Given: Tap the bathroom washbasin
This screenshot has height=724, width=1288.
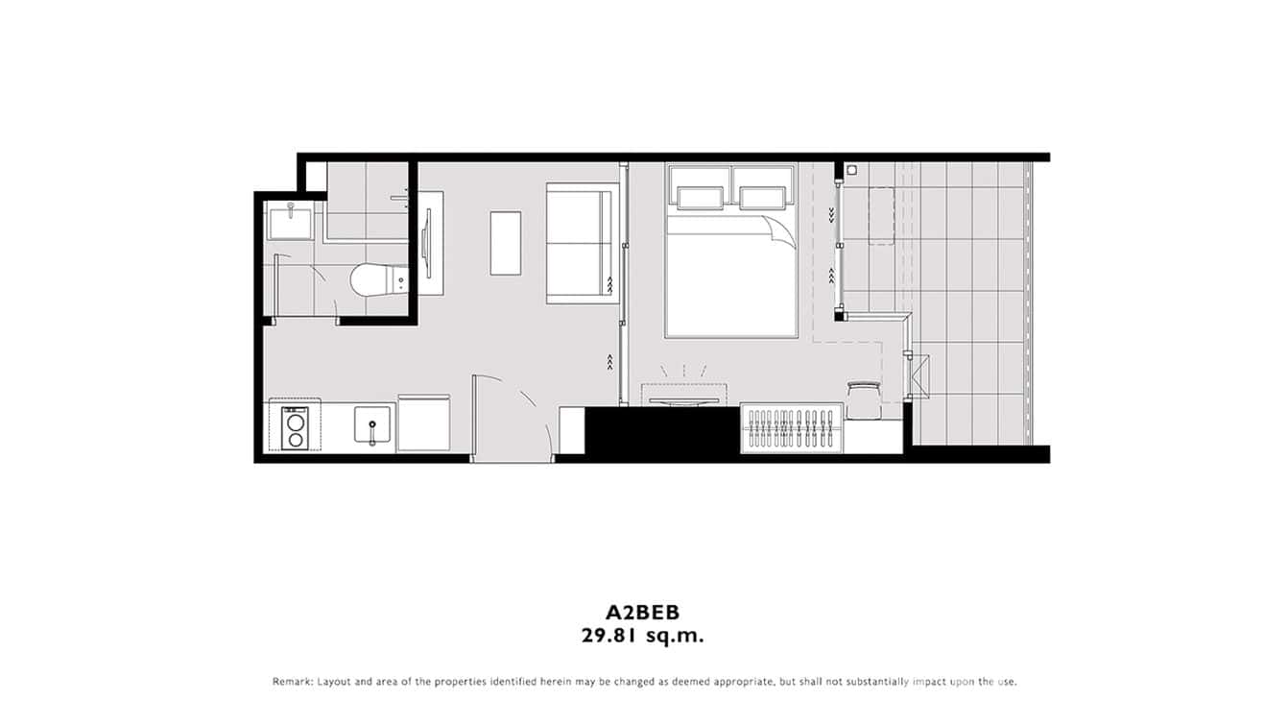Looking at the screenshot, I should [x=290, y=222].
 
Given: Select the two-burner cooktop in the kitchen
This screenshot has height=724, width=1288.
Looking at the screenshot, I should [x=295, y=428].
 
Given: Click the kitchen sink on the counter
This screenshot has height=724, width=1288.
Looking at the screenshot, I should [x=372, y=425].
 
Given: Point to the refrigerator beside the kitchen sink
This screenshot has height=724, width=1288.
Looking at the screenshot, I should [x=423, y=422].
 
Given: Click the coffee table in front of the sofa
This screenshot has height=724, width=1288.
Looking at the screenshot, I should [x=506, y=243].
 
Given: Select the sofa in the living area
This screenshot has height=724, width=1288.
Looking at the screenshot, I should [x=579, y=245].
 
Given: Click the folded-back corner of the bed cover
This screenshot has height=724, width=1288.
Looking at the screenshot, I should [x=781, y=231].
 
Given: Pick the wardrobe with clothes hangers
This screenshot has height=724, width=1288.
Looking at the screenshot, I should [x=793, y=428].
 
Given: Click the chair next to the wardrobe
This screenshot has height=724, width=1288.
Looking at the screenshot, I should [x=864, y=398].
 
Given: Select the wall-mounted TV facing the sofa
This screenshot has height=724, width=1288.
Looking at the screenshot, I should [x=428, y=244].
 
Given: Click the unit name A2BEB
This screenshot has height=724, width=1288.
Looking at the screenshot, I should [x=643, y=612].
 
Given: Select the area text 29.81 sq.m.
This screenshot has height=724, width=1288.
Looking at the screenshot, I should [x=643, y=635].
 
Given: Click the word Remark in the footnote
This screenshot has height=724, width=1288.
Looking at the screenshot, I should [x=292, y=682].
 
